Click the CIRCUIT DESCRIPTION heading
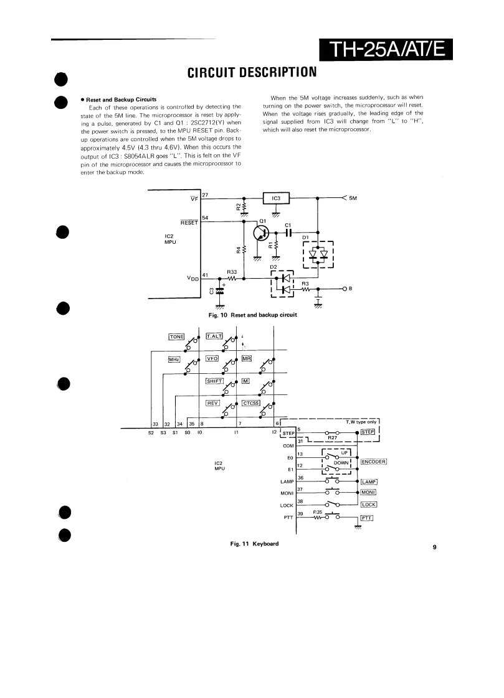tap(252, 73)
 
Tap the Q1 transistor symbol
tap(262, 233)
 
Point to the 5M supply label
tap(353, 198)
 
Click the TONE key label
tap(177, 337)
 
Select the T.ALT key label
tap(214, 337)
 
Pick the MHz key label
tap(174, 359)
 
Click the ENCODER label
tap(374, 462)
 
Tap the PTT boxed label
tap(366, 518)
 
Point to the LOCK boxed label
tap(369, 505)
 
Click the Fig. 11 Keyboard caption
tap(254, 544)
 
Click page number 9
tap(434, 547)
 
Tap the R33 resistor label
tap(231, 272)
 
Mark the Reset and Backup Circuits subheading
tap(121, 100)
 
